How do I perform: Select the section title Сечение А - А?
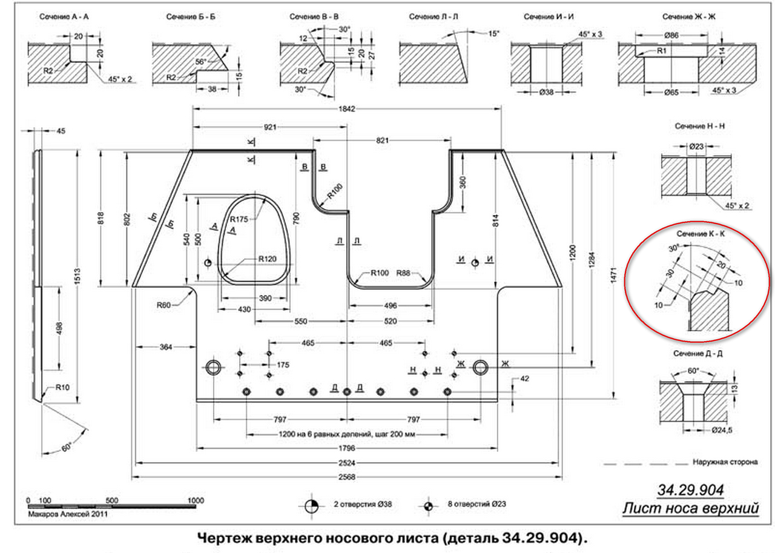coord(65,17)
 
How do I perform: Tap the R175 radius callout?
coord(239,219)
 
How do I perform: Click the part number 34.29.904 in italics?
coord(690,489)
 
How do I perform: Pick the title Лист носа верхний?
coord(690,508)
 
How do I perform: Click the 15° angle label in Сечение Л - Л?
coord(493,33)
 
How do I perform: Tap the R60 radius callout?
coord(163,305)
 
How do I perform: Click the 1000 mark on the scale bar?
coord(195,501)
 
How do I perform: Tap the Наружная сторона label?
coord(725,462)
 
